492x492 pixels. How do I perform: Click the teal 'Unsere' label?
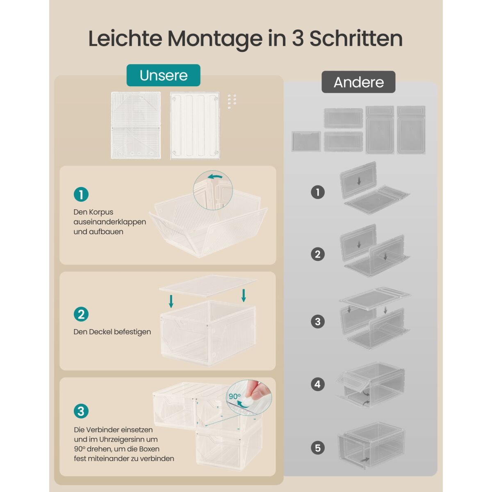(x=164, y=75)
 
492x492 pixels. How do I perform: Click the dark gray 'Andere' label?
(x=358, y=82)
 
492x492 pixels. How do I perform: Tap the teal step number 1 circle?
(x=81, y=195)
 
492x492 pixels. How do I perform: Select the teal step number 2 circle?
(x=81, y=314)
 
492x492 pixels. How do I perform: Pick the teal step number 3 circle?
(x=81, y=411)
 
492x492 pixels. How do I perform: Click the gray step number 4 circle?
(x=318, y=384)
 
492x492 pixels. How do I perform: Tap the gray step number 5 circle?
(x=318, y=448)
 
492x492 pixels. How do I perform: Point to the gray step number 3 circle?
(x=318, y=321)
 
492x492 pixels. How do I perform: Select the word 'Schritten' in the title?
(x=356, y=39)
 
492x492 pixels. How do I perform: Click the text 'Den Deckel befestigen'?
(x=112, y=332)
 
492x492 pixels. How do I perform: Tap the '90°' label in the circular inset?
(x=235, y=396)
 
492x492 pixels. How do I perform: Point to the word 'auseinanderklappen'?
(x=110, y=222)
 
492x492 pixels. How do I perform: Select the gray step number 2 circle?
(x=318, y=254)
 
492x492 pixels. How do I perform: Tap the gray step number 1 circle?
(x=318, y=192)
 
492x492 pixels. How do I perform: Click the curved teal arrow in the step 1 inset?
(x=215, y=176)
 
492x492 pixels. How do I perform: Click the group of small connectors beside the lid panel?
(x=232, y=101)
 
